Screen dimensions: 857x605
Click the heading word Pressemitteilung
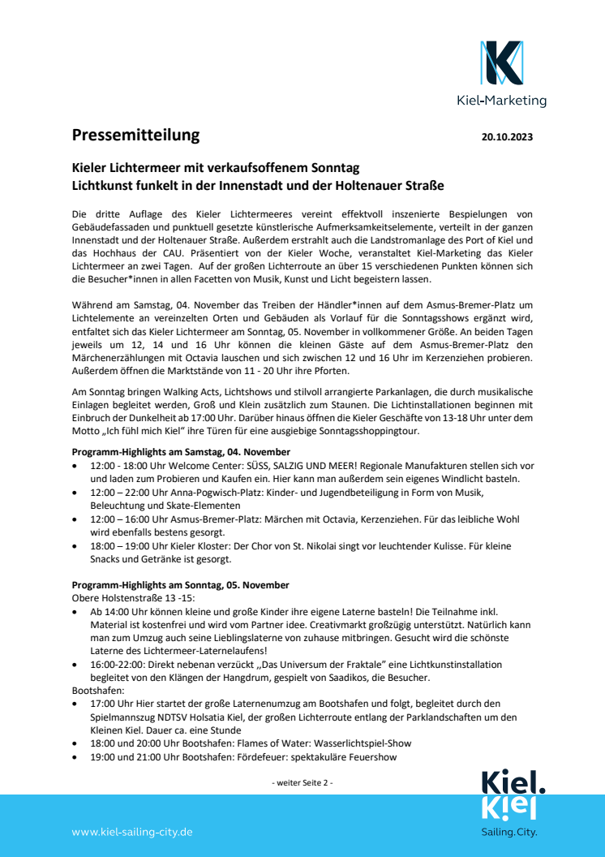coord(135,136)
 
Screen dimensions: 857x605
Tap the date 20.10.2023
coord(507,137)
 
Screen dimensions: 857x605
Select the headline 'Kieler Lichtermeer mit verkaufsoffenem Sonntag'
coord(215,169)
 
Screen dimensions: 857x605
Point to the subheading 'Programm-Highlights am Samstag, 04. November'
coord(181,451)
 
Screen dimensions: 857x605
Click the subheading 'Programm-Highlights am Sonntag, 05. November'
coord(180,585)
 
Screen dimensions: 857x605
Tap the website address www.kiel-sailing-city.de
coord(132,832)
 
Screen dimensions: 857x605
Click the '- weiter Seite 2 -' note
coord(302,782)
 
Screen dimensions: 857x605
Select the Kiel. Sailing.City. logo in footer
coord(509,803)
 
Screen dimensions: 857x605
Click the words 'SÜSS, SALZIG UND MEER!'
coord(264,465)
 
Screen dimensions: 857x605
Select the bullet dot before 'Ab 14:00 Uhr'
coord(75,611)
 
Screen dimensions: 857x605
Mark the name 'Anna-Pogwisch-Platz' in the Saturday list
coord(208,493)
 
